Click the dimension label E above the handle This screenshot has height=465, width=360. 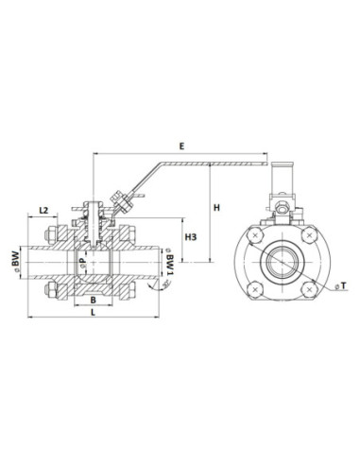pyautogui.click(x=181, y=146)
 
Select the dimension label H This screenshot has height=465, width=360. pyautogui.click(x=216, y=208)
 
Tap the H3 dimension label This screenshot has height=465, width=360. pyautogui.click(x=191, y=237)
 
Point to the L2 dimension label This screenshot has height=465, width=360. pyautogui.click(x=43, y=210)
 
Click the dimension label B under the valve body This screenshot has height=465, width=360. pyautogui.click(x=93, y=301)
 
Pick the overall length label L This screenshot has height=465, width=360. pyautogui.click(x=93, y=312)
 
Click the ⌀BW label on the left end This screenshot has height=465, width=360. pyautogui.click(x=15, y=261)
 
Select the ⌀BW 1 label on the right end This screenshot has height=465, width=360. pyautogui.click(x=169, y=262)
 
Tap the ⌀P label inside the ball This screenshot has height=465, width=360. pyautogui.click(x=82, y=262)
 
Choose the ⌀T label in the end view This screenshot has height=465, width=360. pyautogui.click(x=341, y=285)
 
